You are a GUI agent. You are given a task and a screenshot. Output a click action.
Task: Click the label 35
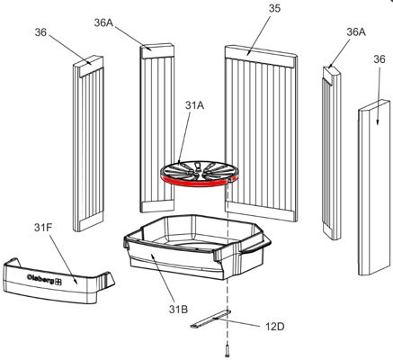click(x=274, y=8)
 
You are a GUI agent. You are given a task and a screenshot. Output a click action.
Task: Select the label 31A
click(x=194, y=105)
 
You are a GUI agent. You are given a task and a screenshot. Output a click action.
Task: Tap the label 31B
click(x=178, y=309)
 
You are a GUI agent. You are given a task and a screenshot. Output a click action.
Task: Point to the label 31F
click(x=43, y=228)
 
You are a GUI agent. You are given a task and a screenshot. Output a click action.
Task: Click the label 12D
click(x=274, y=327)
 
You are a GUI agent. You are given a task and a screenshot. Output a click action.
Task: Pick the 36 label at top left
click(x=40, y=32)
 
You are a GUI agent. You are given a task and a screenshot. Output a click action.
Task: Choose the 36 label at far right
click(x=380, y=59)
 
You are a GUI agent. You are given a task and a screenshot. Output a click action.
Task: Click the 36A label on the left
click(x=103, y=22)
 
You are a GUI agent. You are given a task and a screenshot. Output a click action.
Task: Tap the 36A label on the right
click(x=356, y=31)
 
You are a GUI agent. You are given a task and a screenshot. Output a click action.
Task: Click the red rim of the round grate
click(x=196, y=182)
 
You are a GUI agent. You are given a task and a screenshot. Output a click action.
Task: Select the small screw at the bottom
click(x=228, y=352)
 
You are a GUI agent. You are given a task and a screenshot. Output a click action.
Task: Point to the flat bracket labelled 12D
click(x=210, y=319)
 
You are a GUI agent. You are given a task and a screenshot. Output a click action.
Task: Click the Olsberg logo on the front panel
click(x=44, y=279)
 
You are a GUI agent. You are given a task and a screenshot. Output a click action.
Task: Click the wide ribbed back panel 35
click(x=261, y=133)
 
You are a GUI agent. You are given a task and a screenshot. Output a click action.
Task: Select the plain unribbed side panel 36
click(x=374, y=188)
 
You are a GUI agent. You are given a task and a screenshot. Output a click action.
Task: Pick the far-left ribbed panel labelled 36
click(x=88, y=143)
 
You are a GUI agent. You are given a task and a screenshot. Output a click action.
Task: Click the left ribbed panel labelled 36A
click(x=157, y=128)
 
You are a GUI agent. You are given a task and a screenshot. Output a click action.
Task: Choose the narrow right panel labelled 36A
click(x=332, y=153)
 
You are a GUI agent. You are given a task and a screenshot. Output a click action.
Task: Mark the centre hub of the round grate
click(x=197, y=171)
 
